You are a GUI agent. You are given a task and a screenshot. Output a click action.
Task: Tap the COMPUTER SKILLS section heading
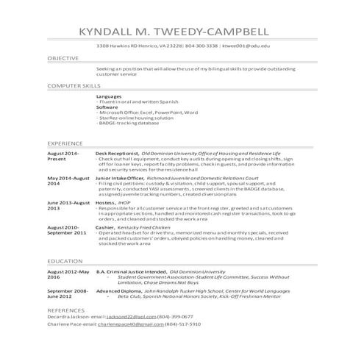(74, 86)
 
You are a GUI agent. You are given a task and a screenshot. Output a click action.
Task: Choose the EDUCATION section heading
(64, 261)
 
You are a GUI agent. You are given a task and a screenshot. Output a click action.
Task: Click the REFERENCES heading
(66, 311)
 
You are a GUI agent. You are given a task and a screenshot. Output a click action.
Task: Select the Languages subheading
(109, 96)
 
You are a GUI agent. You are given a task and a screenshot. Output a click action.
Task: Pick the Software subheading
(107, 107)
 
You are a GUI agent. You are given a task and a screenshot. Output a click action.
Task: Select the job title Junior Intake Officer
(122, 178)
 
